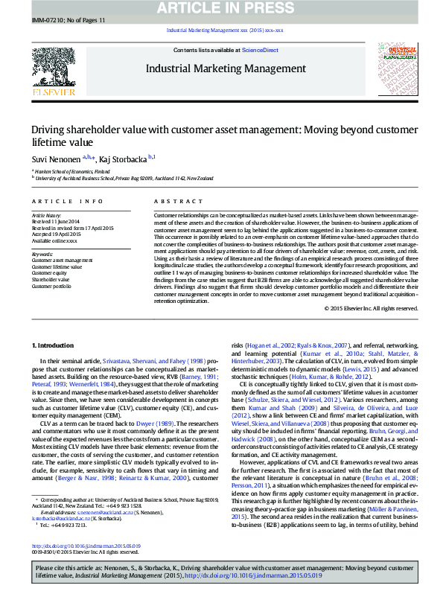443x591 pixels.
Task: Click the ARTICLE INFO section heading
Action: tap(67, 202)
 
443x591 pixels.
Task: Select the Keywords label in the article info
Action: tap(42, 253)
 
